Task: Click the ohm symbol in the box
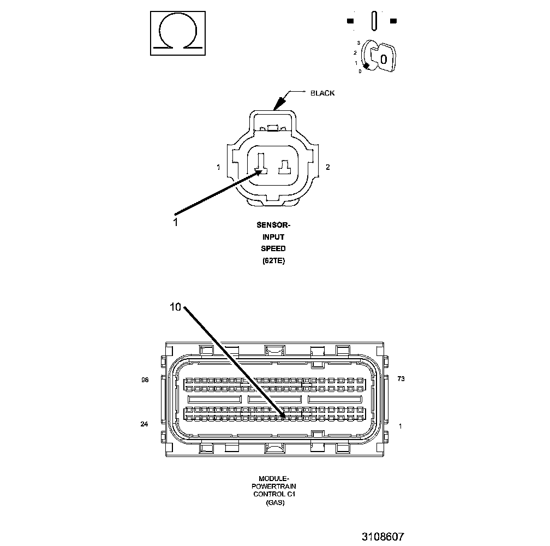click(x=178, y=34)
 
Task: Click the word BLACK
click(x=322, y=93)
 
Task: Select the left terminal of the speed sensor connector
click(x=261, y=164)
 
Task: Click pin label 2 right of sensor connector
click(x=327, y=167)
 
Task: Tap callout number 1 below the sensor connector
click(x=175, y=222)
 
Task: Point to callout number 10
click(x=175, y=307)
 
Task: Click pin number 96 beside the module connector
click(x=145, y=380)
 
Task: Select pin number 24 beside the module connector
click(x=144, y=424)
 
